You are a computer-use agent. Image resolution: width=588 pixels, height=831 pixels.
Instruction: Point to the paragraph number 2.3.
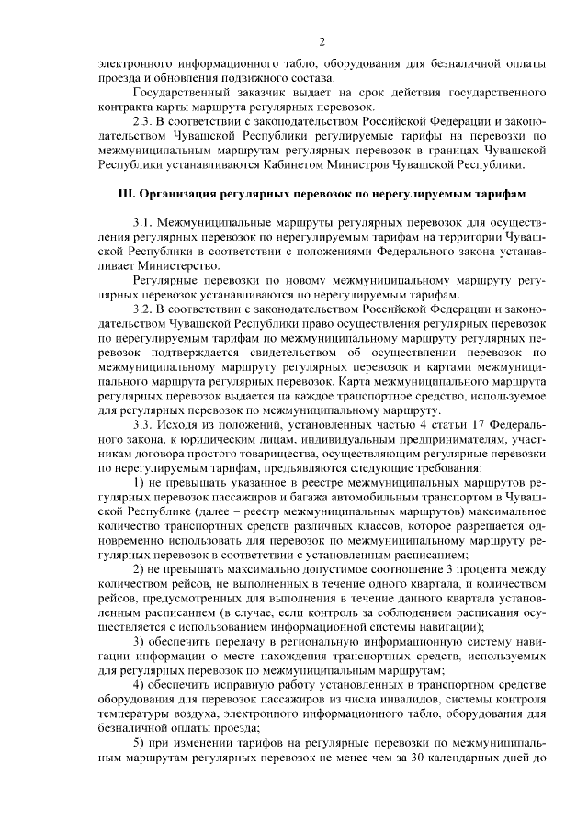pos(145,120)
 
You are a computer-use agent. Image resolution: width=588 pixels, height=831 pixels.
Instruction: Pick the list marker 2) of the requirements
pos(139,569)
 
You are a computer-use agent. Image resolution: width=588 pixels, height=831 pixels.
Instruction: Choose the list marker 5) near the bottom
pos(139,742)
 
